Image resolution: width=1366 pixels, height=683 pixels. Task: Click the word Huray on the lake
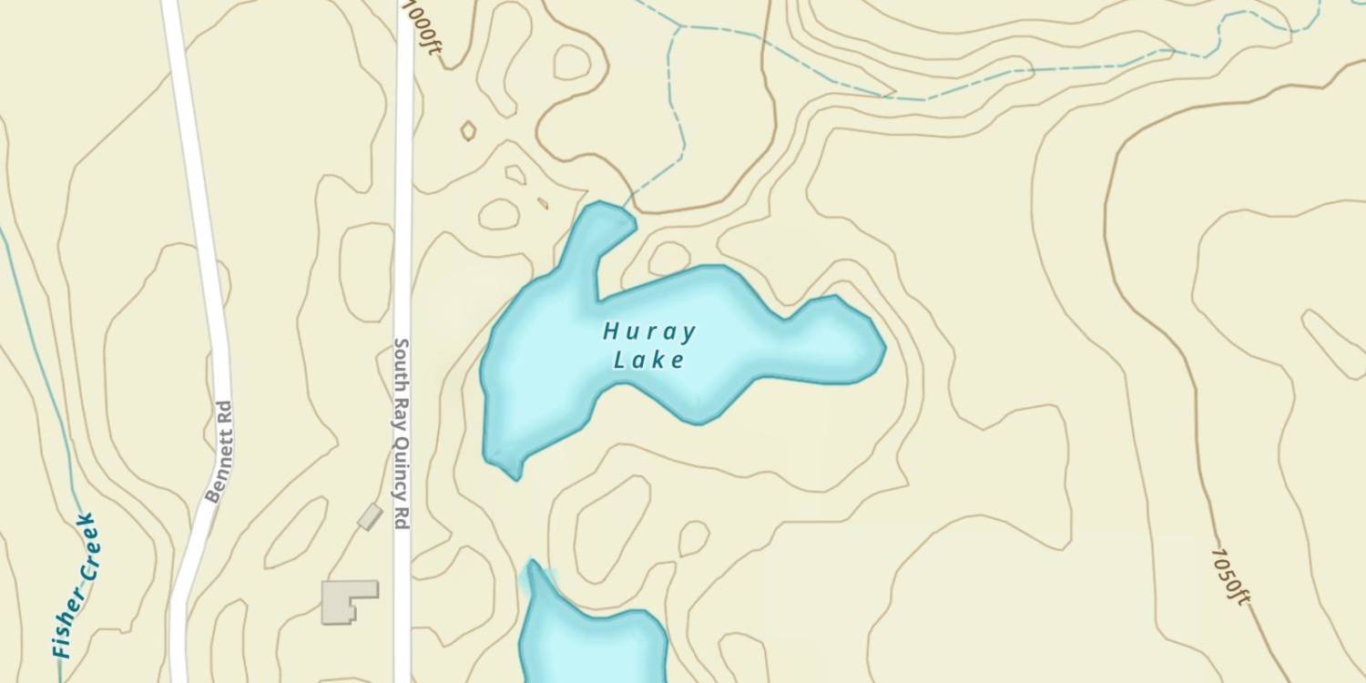649,331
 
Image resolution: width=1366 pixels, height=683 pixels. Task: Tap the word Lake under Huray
648,361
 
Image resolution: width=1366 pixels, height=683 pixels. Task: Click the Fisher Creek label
75,585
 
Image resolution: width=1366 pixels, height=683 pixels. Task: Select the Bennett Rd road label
219,452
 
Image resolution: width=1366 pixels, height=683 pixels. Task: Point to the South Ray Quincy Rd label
400,433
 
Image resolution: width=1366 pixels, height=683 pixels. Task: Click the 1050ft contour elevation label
1230,575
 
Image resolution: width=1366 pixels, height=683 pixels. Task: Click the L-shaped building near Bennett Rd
348,601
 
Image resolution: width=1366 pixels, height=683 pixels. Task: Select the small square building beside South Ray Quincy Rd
370,516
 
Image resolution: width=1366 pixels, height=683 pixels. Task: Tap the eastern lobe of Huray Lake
833,341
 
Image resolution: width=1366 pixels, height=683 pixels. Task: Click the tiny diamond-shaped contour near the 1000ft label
468,131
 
